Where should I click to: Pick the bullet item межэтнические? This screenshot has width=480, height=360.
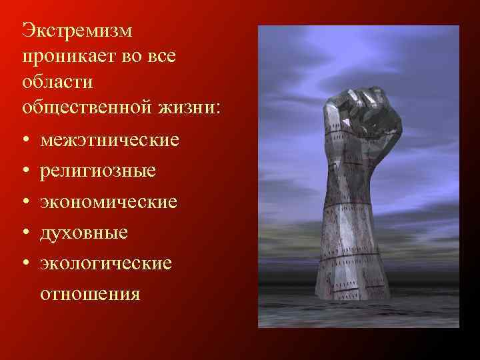coord(109,141)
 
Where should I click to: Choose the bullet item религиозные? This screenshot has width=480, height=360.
coord(99,171)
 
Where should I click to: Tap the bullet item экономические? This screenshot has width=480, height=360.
coord(109,201)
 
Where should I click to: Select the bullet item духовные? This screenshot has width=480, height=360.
coord(84,232)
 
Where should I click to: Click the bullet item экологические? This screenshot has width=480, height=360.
coord(106,263)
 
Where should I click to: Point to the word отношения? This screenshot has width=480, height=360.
coord(90,293)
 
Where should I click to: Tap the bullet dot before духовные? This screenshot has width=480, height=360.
coord(25,233)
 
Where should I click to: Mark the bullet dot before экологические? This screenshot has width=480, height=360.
coord(25,263)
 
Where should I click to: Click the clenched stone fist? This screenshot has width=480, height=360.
coord(367,119)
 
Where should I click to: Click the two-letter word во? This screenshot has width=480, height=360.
coord(131,57)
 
